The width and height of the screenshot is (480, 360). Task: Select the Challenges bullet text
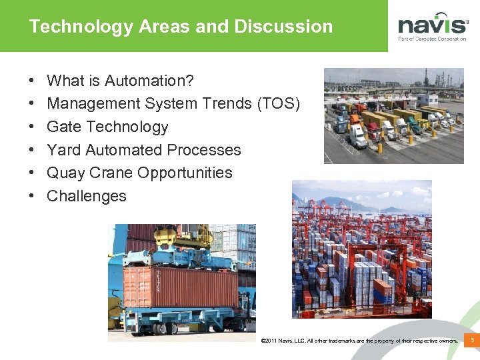coord(87,196)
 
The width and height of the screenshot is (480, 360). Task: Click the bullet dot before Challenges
coord(33,196)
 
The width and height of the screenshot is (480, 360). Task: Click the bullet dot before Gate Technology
coord(33,127)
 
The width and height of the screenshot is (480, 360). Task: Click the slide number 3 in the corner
coord(472,341)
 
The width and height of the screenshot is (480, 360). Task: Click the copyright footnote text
coord(360,341)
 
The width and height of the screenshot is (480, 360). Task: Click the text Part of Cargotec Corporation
coord(433,39)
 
